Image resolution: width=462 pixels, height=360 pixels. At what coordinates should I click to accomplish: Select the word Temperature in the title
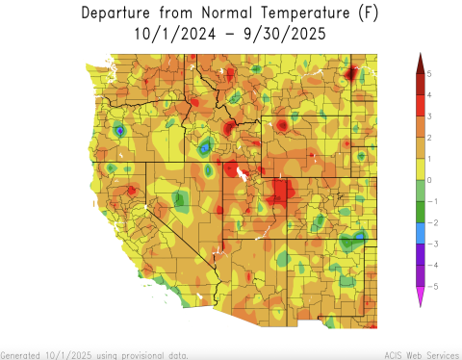[x=294, y=13]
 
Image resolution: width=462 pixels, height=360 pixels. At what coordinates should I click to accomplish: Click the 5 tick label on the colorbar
[x=429, y=74]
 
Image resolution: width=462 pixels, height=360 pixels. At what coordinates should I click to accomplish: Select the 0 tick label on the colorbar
[x=429, y=180]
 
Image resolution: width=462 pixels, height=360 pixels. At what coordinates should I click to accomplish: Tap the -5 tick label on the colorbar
[x=431, y=286]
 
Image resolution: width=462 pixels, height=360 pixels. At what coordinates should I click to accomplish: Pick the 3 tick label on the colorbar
[x=429, y=116]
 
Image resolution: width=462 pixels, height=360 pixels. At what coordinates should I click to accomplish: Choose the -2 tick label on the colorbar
[x=431, y=222]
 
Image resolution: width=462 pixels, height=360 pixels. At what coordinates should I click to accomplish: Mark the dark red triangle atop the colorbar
[x=421, y=64]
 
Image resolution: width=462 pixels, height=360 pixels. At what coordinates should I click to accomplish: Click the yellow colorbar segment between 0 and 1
[x=421, y=169]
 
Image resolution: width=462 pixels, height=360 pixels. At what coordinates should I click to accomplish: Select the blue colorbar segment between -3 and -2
[x=421, y=233]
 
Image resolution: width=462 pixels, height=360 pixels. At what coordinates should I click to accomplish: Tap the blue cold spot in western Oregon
[x=119, y=130]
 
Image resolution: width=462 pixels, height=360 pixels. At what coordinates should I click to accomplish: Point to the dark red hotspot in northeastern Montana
[x=351, y=72]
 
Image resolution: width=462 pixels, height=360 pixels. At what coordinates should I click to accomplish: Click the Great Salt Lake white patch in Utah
[x=242, y=175]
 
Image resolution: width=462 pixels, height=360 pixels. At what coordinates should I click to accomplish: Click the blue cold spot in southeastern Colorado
[x=360, y=234]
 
